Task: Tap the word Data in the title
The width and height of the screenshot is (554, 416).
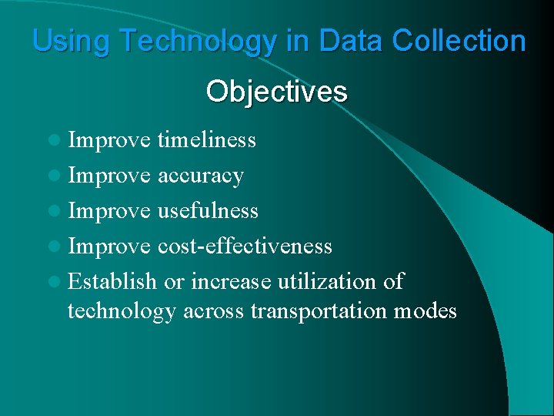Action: pos(346,41)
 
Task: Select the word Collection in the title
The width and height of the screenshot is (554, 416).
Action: pos(459,41)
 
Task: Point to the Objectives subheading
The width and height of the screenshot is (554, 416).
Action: pos(276,92)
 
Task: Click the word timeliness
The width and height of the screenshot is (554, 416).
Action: pos(206,140)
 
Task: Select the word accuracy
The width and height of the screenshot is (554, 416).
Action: pos(200,176)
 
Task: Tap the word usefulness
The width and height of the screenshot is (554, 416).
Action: pos(208,210)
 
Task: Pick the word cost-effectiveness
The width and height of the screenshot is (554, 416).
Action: pos(245,246)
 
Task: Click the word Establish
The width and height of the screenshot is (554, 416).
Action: pos(112,281)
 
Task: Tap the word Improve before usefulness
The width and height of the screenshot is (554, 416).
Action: pos(109,210)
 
